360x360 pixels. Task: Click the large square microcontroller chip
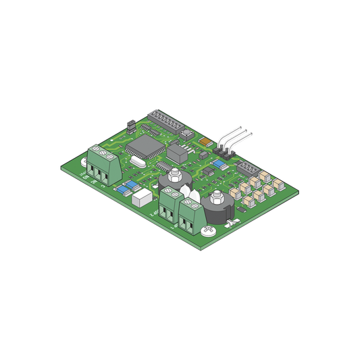(x=147, y=145)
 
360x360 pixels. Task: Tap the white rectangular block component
(x=143, y=198)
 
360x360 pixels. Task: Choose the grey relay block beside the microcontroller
(x=178, y=153)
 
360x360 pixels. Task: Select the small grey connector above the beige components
(x=249, y=168)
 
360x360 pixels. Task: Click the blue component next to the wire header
(x=218, y=164)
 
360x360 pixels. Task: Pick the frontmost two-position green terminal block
(x=191, y=216)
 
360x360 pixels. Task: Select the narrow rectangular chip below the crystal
(x=164, y=165)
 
